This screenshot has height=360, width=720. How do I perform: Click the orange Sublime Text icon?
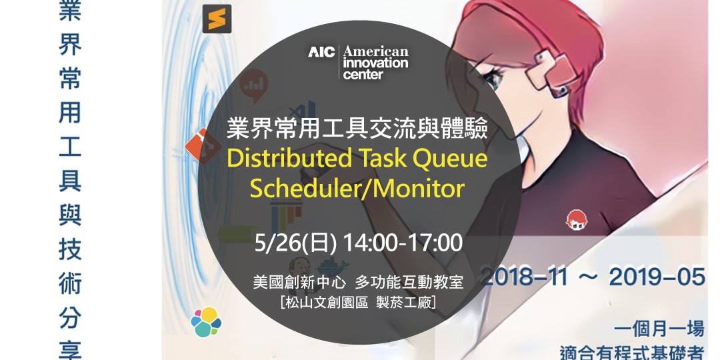tap(217, 19)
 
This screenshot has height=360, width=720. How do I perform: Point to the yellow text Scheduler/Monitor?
tap(357, 189)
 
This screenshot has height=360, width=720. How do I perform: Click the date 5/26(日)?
tap(295, 243)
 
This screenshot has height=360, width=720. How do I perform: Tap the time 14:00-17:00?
tap(402, 243)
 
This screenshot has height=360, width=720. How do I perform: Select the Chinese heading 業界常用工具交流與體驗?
tap(357, 127)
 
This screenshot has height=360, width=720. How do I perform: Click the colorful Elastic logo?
tap(205, 322)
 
